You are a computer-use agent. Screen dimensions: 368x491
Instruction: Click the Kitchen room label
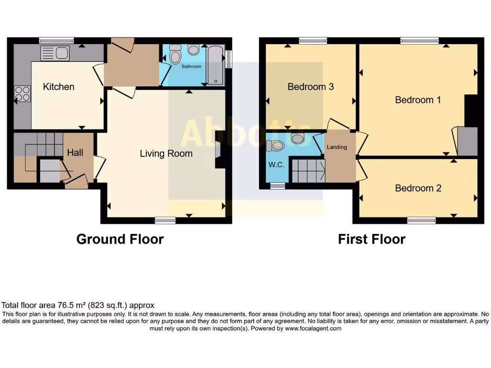58,87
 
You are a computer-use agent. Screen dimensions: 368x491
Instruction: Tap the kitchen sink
55,52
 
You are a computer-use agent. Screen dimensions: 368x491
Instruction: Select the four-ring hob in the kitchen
22,93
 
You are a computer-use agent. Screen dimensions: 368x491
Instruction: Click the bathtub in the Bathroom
215,65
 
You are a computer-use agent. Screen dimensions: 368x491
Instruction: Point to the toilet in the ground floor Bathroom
175,55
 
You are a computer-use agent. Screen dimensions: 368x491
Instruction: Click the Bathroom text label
191,67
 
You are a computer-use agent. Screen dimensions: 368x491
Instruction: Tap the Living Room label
166,154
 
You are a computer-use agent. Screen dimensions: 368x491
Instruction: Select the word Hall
75,153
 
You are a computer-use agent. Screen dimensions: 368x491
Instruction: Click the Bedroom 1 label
418,100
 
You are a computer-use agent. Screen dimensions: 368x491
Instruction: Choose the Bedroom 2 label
418,188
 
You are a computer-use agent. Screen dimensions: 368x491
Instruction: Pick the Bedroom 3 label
310,87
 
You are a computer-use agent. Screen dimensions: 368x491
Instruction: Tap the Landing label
337,147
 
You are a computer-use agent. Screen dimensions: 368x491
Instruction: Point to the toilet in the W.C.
277,145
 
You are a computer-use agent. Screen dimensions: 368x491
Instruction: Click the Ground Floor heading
120,239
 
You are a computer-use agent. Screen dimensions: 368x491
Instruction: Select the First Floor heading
372,239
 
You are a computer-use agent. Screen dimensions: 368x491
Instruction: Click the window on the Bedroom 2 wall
421,220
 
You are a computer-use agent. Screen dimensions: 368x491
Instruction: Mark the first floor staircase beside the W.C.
308,171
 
